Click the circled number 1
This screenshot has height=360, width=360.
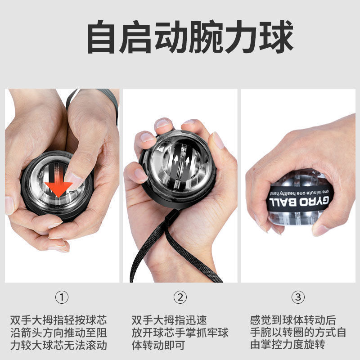[62, 297]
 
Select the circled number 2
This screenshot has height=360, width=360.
[180, 297]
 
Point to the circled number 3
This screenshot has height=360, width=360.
[298, 297]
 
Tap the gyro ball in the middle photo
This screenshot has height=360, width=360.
[179, 168]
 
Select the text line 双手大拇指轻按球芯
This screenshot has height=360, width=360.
[58, 320]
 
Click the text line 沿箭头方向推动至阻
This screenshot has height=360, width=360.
[58, 333]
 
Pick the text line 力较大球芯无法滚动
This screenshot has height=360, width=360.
[58, 346]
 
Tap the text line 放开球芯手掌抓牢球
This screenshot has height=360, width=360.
[180, 333]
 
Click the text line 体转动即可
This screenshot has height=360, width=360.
[158, 346]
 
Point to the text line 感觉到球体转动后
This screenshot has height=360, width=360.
[293, 320]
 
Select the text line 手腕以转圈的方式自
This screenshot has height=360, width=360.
[298, 333]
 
